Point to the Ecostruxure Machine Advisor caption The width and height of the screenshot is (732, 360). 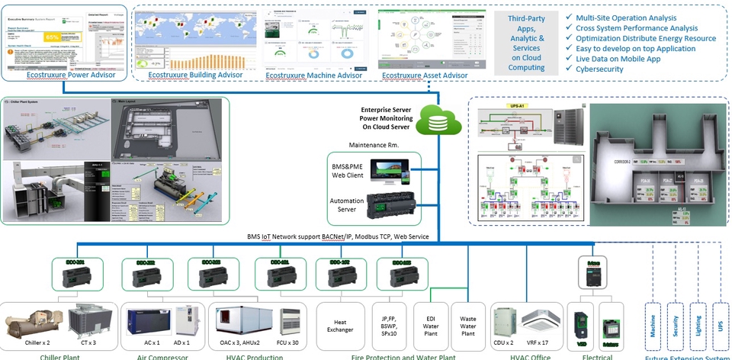(313, 75)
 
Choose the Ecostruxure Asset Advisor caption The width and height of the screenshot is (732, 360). (425, 75)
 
